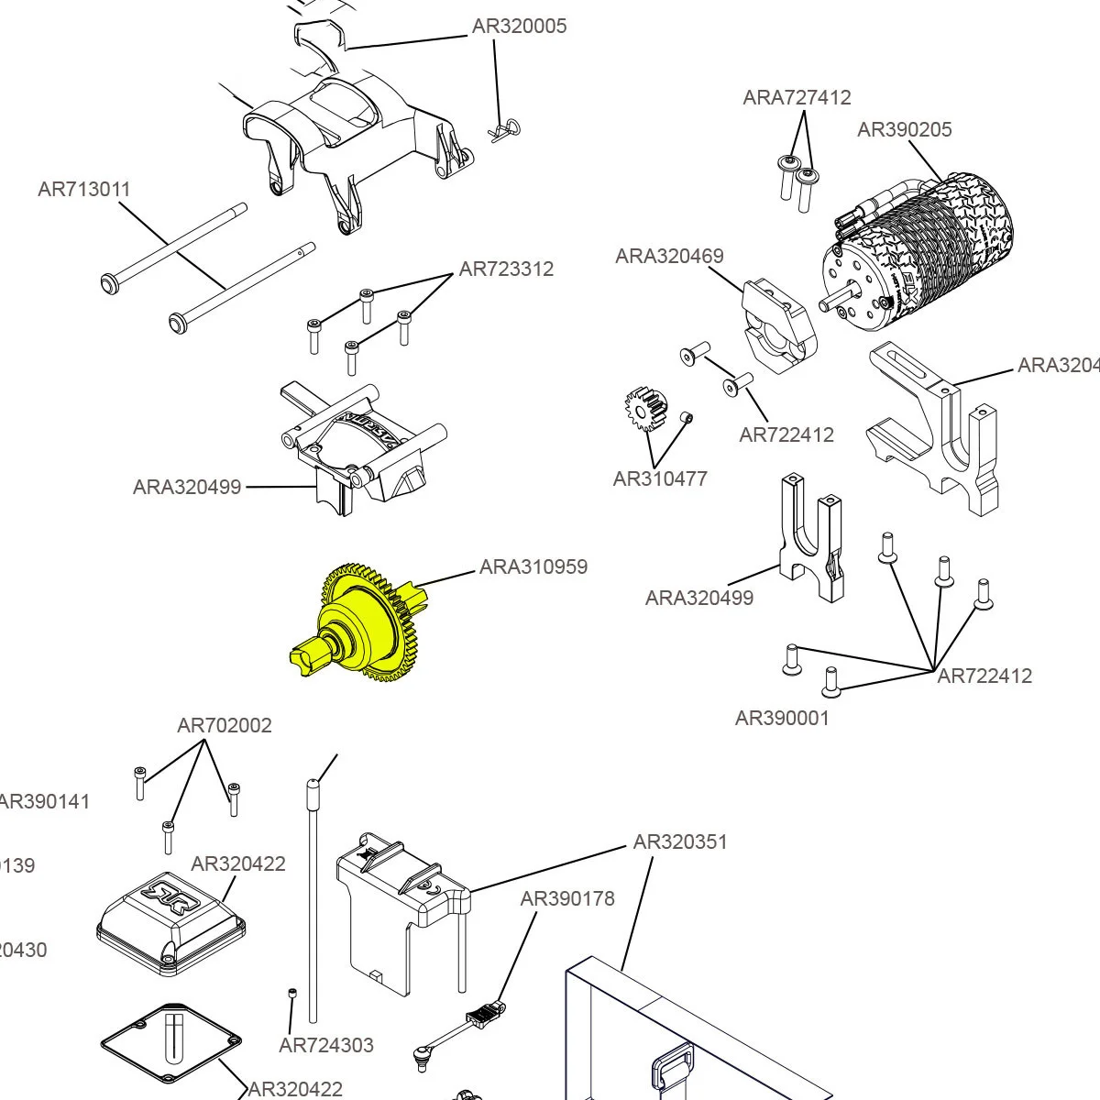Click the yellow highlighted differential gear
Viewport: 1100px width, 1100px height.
(362, 623)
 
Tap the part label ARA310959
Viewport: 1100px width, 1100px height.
(533, 566)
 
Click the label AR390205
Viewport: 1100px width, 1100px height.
(904, 129)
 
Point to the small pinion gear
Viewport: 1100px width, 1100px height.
(646, 409)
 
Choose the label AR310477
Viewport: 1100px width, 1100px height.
(660, 478)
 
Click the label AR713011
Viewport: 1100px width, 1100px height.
(84, 189)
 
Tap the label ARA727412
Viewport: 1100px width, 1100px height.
(797, 97)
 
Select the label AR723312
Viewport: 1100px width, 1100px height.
(506, 269)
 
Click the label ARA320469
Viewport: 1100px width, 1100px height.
(669, 256)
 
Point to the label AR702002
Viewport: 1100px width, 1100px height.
(225, 725)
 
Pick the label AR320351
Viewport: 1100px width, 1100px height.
(680, 841)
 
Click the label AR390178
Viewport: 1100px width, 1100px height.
(567, 898)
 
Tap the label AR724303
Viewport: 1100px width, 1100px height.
(326, 1045)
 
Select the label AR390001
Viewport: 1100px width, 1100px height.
(782, 718)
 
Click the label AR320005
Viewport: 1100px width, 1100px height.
(519, 26)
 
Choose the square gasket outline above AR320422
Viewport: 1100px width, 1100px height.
(171, 1044)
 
